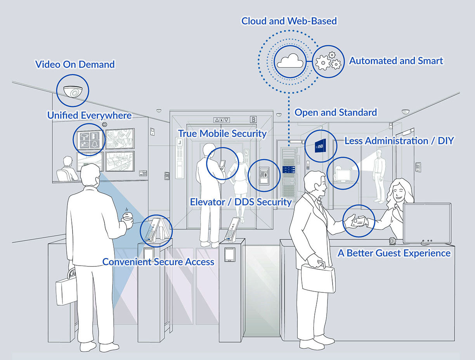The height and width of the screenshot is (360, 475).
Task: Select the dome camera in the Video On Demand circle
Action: [x=73, y=91]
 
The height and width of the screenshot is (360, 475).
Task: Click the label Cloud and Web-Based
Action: [x=289, y=21]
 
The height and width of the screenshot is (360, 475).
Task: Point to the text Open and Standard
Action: [x=336, y=113]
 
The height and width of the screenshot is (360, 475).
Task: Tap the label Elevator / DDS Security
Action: [x=241, y=202]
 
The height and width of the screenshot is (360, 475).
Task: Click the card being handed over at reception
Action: [x=361, y=222]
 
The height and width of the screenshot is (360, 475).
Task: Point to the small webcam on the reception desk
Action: [x=393, y=241]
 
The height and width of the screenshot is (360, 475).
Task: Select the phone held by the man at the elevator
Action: [x=223, y=163]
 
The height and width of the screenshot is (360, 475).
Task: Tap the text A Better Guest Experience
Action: [x=394, y=253]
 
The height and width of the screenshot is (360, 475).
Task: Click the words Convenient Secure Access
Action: [x=158, y=262]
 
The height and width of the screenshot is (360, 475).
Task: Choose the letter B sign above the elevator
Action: [x=253, y=120]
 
